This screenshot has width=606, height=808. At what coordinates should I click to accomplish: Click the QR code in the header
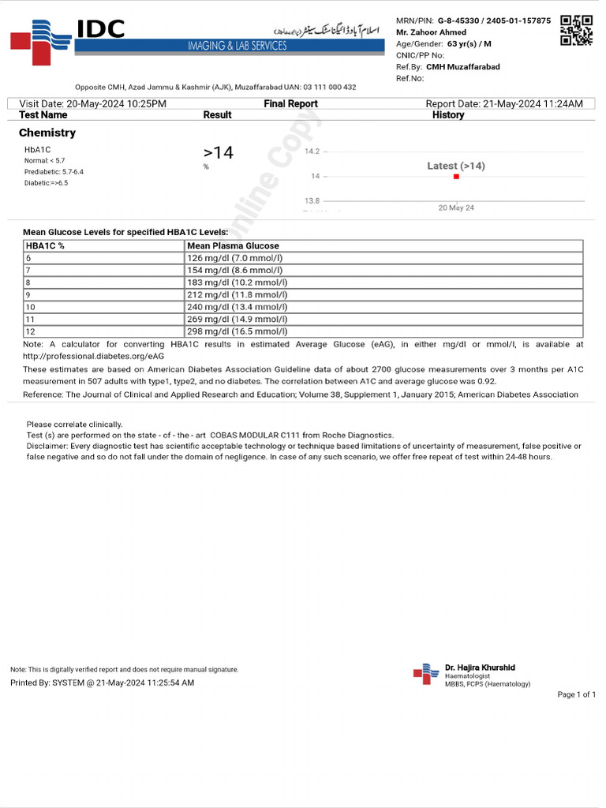pos(576,30)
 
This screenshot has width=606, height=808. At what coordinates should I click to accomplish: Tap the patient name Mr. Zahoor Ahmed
pos(431,32)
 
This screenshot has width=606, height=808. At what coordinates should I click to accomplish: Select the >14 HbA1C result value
pos(219,152)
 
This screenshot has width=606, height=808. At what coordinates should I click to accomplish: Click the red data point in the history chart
pos(456,177)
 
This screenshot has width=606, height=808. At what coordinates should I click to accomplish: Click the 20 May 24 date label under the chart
pos(456,208)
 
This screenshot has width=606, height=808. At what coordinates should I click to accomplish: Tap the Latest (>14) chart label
pos(456,166)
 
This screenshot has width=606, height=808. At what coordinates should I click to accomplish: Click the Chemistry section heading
pos(47,133)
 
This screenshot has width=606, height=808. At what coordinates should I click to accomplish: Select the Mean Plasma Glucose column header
pos(233,246)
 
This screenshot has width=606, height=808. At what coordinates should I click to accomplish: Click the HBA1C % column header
pos(45,246)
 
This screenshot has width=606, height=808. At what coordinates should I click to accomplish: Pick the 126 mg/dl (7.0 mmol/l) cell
pos(234,258)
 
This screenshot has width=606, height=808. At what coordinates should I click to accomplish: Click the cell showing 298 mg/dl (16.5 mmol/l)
pos(237,331)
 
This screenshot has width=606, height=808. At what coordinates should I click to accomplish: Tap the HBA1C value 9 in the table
pos(28,295)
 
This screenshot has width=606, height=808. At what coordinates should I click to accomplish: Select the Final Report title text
pos(290,104)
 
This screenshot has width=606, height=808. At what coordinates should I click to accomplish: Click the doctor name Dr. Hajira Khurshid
pos(480,668)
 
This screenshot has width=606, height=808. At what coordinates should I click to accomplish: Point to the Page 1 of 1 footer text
pos(576,694)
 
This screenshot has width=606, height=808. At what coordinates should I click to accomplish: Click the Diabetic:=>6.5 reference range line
pos(46,183)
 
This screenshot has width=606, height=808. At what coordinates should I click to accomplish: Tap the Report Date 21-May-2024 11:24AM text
pos(504,104)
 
